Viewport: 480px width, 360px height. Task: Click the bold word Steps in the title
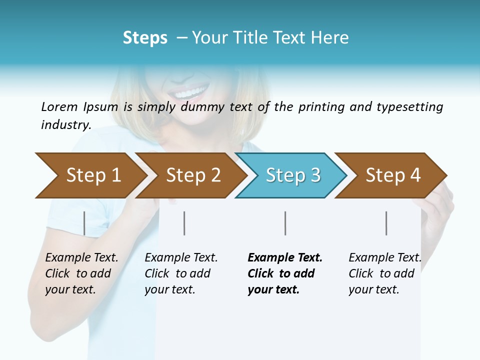click(145, 38)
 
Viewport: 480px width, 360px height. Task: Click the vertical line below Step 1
click(84, 223)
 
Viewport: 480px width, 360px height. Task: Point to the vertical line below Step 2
click(184, 223)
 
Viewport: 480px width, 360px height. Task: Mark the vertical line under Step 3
click(285, 223)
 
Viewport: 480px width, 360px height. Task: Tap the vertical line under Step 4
click(386, 223)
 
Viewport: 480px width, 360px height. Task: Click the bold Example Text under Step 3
click(285, 258)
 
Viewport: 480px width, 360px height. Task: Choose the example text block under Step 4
click(384, 273)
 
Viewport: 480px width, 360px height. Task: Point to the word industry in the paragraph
click(65, 125)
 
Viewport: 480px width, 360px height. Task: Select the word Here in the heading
click(332, 38)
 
